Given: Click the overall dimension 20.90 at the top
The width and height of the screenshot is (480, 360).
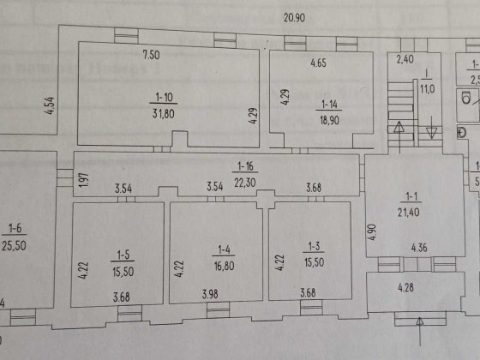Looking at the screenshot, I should (297, 17).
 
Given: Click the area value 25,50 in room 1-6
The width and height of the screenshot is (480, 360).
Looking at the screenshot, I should (15, 243).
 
